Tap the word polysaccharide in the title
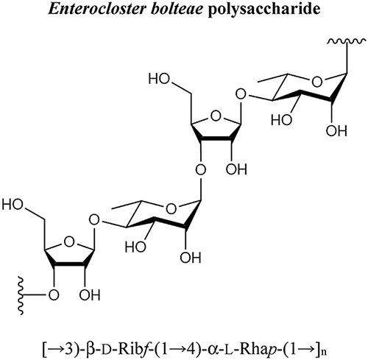pyautogui.click(x=263, y=10)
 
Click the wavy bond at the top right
pyautogui.click(x=344, y=42)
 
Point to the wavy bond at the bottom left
pyautogui.click(x=21, y=295)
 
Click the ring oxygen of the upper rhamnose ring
pyautogui.click(x=316, y=82)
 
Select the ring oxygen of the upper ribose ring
pyautogui.click(x=216, y=116)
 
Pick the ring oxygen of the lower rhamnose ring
pyautogui.click(x=171, y=209)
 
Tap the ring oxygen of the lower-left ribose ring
pyautogui.click(x=69, y=242)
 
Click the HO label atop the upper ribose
pyautogui.click(x=159, y=79)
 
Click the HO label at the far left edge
pyautogui.click(x=13, y=205)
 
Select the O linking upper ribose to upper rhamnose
pyautogui.click(x=241, y=94)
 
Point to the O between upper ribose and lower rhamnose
pyautogui.click(x=201, y=169)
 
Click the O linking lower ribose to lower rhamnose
pyautogui.click(x=94, y=220)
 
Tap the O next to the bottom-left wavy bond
pyautogui.click(x=54, y=295)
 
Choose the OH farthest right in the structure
pyautogui.click(x=336, y=131)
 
